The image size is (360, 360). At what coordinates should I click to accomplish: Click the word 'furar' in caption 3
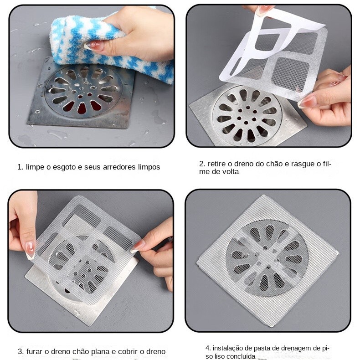click(x=35, y=351)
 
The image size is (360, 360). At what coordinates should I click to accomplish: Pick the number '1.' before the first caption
click(x=21, y=167)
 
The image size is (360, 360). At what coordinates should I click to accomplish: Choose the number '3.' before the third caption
click(x=21, y=351)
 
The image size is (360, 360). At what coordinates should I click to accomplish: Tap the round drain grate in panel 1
click(x=83, y=91)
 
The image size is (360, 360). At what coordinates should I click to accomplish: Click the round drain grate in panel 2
click(x=247, y=115)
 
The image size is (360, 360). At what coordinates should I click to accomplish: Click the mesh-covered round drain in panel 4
click(x=267, y=258)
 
